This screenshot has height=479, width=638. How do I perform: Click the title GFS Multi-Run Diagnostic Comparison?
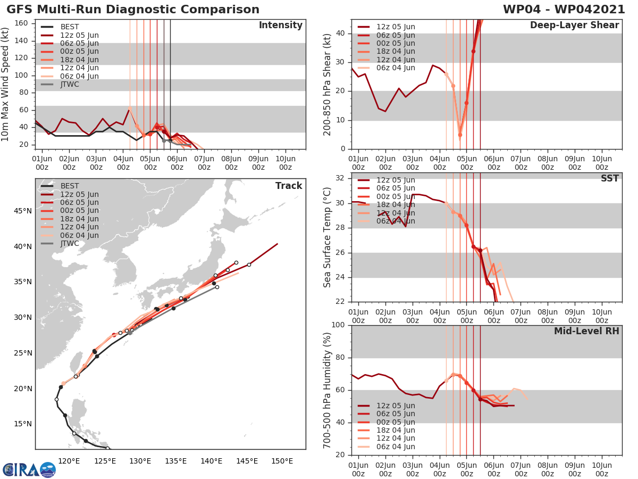coord(133,10)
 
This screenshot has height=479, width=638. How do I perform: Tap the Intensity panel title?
coord(280,26)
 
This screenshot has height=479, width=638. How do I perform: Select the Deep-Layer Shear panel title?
coord(574,26)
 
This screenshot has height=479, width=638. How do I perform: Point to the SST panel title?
coord(610,178)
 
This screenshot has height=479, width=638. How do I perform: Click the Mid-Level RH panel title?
coord(586,331)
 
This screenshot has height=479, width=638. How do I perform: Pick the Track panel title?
coord(289,186)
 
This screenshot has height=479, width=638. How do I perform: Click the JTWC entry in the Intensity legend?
coord(70,84)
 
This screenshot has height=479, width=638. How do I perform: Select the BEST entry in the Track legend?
coord(70,186)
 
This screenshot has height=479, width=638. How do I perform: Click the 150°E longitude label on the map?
coord(282,461)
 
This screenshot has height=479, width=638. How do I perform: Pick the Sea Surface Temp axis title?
coord(328,237)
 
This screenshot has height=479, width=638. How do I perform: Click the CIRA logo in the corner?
coord(29,469)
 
